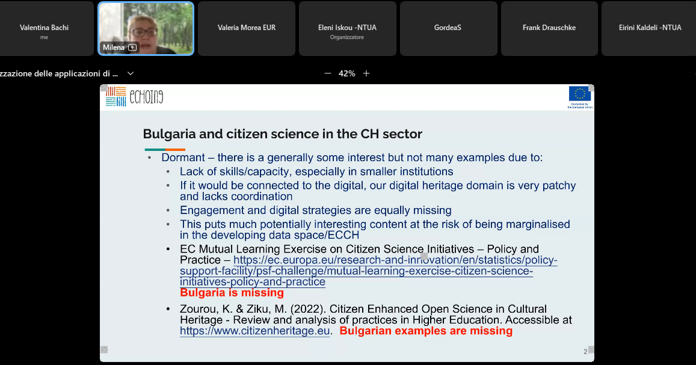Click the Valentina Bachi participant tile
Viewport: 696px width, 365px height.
point(45,28)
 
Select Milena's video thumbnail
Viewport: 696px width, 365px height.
point(146,28)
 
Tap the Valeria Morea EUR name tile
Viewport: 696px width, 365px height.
point(247,28)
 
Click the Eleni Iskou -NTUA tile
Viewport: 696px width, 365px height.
point(347,28)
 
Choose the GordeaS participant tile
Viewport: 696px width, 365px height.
point(448,28)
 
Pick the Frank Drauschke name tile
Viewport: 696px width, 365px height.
point(549,28)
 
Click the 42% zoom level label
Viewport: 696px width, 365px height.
point(346,73)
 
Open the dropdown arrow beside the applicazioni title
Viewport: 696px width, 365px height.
point(131,73)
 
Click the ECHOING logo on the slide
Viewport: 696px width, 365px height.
point(135,97)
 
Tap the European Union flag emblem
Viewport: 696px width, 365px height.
point(580,94)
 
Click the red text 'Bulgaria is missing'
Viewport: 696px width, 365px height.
point(232,293)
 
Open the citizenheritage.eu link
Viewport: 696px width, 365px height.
point(255,331)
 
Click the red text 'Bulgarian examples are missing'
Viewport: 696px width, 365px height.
point(426,331)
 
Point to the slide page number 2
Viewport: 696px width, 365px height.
point(585,352)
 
